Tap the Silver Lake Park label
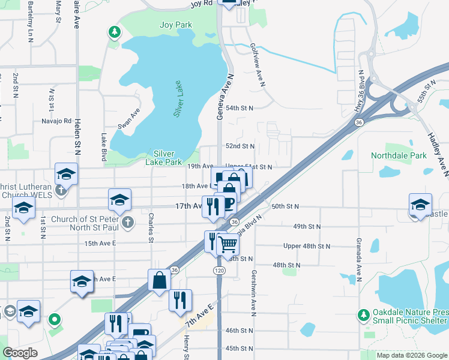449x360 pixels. (164, 157)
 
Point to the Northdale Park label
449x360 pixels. (399, 155)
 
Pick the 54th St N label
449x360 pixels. (239, 108)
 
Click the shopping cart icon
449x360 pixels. (228, 244)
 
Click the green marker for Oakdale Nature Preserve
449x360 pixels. (363, 314)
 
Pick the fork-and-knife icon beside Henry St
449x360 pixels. (180, 299)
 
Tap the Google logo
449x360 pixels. (20, 353)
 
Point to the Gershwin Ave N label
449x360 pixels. (253, 289)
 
